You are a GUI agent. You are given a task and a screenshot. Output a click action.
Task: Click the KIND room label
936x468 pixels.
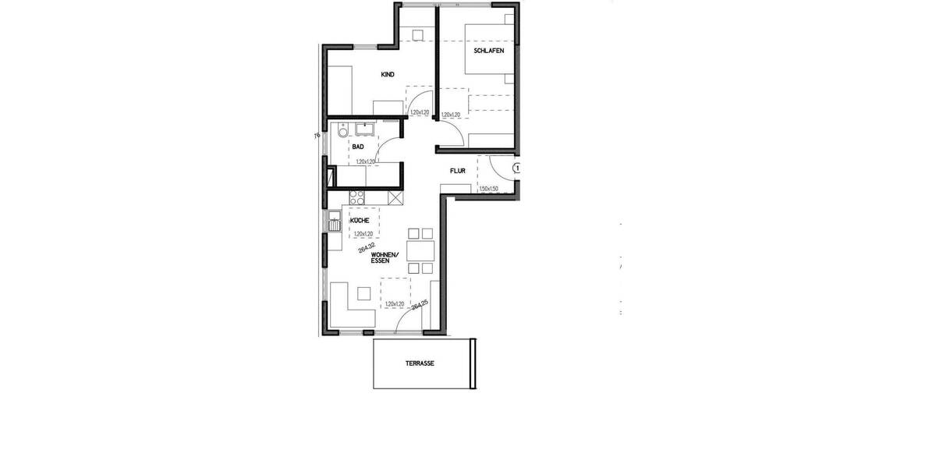pos(388,75)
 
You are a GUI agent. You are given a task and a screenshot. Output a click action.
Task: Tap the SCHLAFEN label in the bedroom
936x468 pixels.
pos(488,51)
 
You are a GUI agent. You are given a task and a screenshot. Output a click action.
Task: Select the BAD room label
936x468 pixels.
pos(358,147)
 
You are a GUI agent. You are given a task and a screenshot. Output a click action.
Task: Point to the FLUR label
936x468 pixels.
pos(457,171)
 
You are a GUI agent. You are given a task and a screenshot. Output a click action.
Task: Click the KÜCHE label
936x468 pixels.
pos(360,221)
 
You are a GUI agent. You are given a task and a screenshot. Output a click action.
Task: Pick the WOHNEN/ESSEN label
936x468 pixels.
pos(385,258)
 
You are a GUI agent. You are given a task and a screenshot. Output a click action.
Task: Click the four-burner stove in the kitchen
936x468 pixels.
pos(357,197)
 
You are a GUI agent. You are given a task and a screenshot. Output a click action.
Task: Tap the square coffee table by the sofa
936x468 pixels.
pos(363,293)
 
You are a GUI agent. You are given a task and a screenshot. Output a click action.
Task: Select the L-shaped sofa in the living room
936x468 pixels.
pos(343,310)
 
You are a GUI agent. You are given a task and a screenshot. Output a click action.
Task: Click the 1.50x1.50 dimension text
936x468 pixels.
pos(489,189)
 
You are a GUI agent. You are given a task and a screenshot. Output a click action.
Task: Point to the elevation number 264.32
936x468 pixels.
pos(364,247)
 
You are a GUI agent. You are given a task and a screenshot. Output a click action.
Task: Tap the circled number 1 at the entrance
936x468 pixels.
pos(516,167)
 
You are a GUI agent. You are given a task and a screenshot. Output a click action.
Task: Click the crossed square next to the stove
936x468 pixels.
pos(395,198)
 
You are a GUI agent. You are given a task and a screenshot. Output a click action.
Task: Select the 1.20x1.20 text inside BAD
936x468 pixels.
pos(365,161)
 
